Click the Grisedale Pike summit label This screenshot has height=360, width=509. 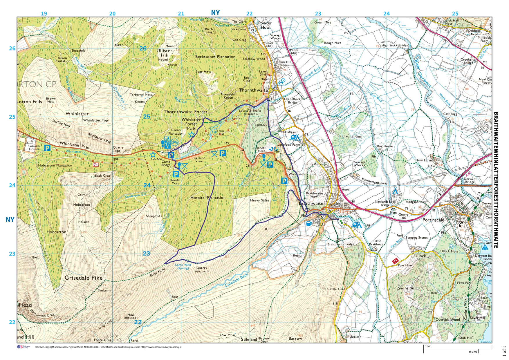click(x=84, y=278)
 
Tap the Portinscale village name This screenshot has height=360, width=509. click(x=433, y=220)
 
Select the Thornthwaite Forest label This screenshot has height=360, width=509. click(x=185, y=112)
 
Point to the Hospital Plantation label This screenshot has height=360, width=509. click(x=208, y=198)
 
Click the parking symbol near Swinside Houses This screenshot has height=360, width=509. click(x=47, y=148)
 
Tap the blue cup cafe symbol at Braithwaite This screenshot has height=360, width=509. click(x=309, y=224)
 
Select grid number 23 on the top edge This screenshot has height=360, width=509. click(x=318, y=13)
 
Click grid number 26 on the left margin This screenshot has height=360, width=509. click(x=12, y=48)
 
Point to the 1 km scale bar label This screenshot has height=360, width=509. click(x=428, y=346)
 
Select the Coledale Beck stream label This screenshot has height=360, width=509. click(x=237, y=281)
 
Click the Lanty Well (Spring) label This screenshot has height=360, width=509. click(x=183, y=266)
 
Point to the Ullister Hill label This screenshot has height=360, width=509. click(x=164, y=53)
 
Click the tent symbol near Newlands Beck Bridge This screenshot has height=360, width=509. click(x=395, y=191)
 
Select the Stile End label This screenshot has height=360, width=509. click(x=249, y=339)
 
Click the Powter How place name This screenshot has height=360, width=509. click(x=265, y=25)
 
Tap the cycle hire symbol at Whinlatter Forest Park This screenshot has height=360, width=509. click(x=174, y=142)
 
